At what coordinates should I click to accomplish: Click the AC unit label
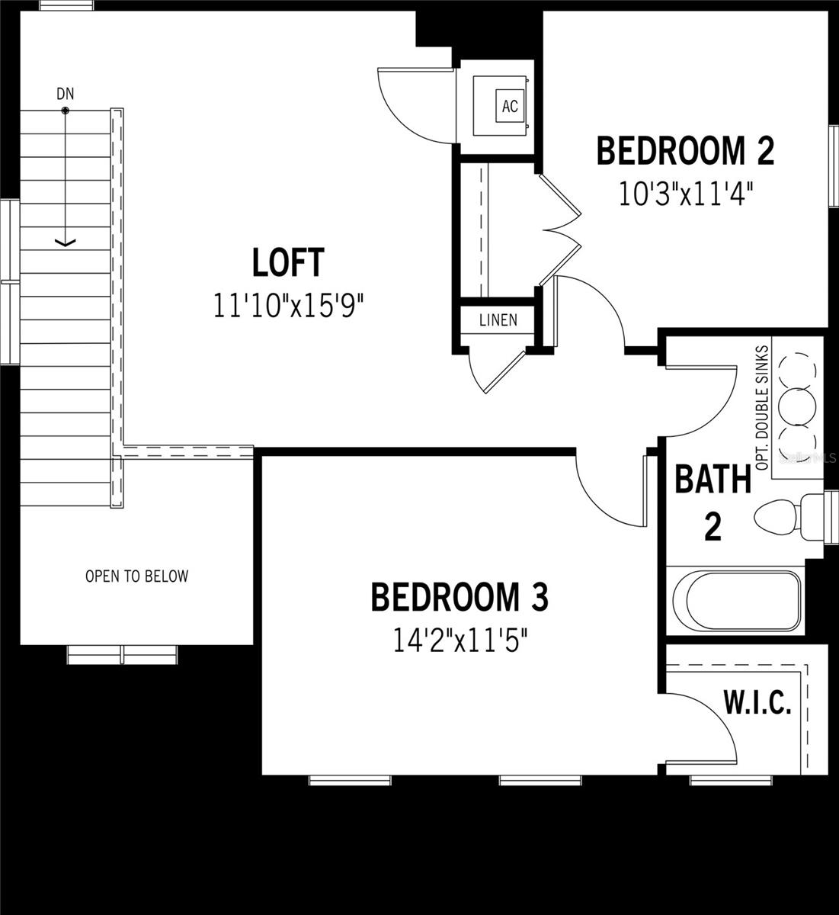510,107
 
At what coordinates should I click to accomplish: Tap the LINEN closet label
498,320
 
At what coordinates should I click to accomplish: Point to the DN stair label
66,94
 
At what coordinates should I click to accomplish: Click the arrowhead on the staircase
66,242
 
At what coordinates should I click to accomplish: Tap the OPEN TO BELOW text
136,576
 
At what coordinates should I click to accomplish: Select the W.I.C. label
757,704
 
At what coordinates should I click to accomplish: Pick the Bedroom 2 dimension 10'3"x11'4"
685,194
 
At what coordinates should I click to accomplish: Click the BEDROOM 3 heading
460,598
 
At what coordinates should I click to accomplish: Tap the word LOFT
288,263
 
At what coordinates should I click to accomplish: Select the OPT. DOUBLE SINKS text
763,407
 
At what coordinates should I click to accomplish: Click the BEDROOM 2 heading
685,151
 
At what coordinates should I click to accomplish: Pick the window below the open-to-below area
123,654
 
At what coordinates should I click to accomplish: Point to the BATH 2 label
713,503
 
